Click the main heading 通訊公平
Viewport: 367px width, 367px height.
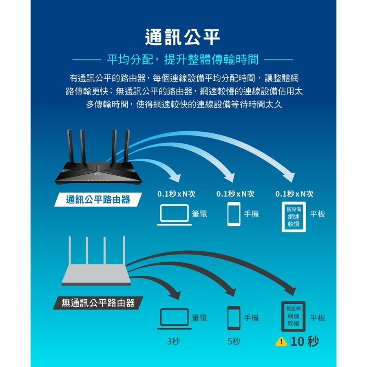pyautogui.click(x=183, y=37)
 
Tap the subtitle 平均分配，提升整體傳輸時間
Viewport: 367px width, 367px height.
pyautogui.click(x=183, y=60)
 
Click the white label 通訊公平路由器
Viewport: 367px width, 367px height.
pyautogui.click(x=98, y=200)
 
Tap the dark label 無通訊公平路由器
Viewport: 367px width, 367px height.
pyautogui.click(x=98, y=303)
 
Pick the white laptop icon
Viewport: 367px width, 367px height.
pyautogui.click(x=175, y=214)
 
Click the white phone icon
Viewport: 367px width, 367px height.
pyautogui.click(x=234, y=214)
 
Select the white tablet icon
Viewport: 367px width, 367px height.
pyautogui.click(x=294, y=217)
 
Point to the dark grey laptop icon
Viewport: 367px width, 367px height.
pyautogui.click(x=175, y=318)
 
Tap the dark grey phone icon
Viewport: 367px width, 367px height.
pyautogui.click(x=234, y=318)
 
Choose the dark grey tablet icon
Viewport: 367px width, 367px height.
pyautogui.click(x=294, y=316)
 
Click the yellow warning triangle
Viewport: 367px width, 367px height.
pyautogui.click(x=281, y=342)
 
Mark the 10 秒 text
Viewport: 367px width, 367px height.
pyautogui.click(x=305, y=341)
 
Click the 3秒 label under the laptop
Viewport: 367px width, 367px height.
pyautogui.click(x=173, y=341)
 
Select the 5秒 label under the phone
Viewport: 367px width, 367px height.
pyautogui.click(x=234, y=341)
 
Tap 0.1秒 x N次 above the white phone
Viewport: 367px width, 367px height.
pyautogui.click(x=235, y=194)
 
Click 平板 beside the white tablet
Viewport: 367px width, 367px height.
pyautogui.click(x=317, y=214)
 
